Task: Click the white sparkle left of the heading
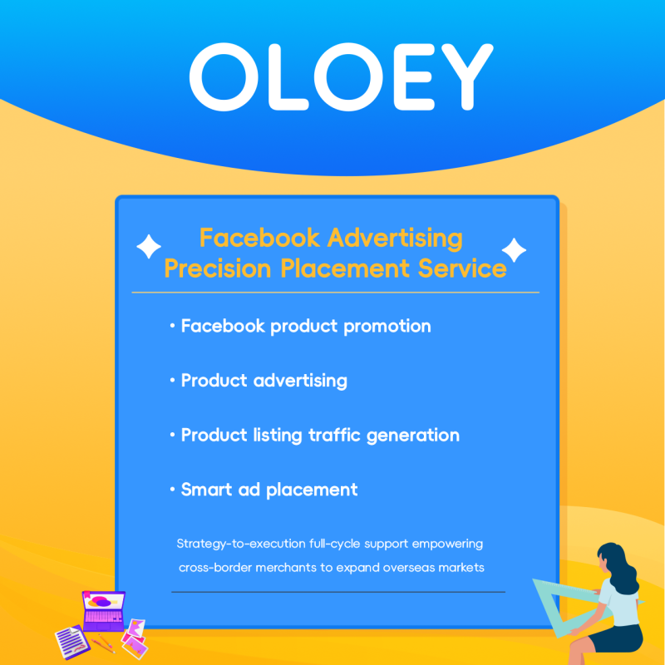point(149,247)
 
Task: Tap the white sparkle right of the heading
point(514,249)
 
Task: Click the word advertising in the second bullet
point(300,381)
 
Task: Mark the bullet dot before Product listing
point(171,436)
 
